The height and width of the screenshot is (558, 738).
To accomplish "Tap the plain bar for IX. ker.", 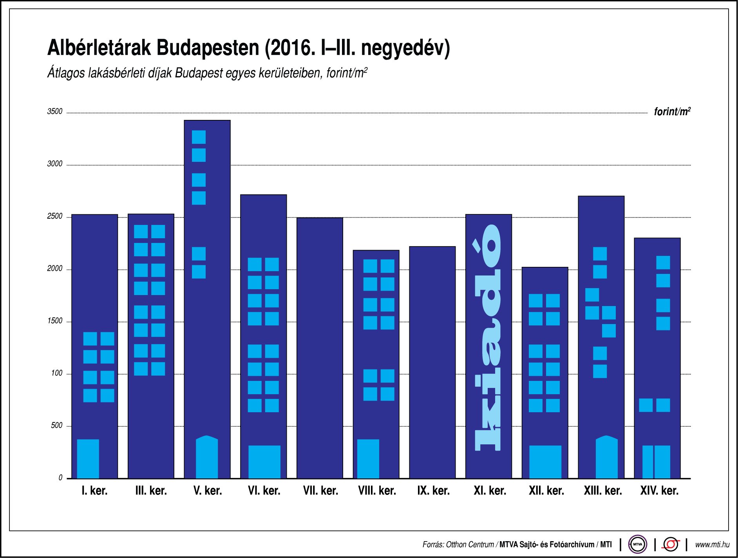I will [x=432, y=362].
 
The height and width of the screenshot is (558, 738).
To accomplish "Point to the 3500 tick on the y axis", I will [x=55, y=112].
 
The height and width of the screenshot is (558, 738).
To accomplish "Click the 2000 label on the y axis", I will [x=55, y=269].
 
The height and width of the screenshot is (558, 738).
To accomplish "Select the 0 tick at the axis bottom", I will [x=60, y=478].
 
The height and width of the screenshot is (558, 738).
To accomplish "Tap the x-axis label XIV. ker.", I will [x=659, y=491].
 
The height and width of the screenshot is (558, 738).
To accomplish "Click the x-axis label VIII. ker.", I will [x=377, y=491].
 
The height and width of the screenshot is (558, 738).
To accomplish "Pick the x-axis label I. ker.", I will [x=94, y=491].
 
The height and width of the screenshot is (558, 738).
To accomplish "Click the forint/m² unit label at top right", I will [x=672, y=112].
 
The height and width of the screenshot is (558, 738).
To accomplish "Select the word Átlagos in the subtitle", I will [x=66, y=73].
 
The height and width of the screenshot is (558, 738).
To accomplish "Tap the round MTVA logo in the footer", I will [x=637, y=544].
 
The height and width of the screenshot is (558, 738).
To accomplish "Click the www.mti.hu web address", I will [x=712, y=545].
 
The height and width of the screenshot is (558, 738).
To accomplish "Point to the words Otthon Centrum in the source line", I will [x=470, y=545].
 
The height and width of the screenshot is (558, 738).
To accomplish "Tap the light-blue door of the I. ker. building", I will [x=88, y=458].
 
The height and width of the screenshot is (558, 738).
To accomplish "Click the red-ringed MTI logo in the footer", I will [x=671, y=544].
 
